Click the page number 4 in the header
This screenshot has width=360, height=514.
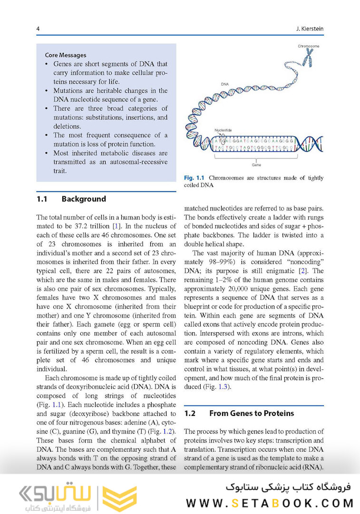point(38,29)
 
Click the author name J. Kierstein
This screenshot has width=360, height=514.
point(309,29)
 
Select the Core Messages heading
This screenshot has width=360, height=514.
point(66,55)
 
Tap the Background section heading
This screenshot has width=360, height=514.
point(84,199)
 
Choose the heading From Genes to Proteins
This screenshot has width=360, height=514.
point(252,413)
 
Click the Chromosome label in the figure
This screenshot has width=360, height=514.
point(309,46)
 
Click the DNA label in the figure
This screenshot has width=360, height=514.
point(225,84)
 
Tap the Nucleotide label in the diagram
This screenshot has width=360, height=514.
point(223,129)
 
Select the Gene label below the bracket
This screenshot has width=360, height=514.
point(256,165)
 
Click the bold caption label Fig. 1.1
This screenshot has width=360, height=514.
point(194,178)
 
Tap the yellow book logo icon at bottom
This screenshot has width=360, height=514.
point(120,498)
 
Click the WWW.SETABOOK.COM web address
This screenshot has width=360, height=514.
point(270,503)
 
